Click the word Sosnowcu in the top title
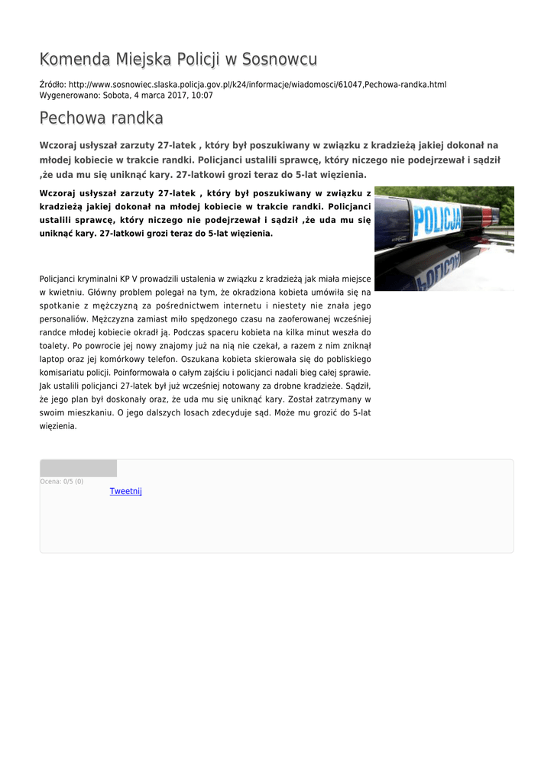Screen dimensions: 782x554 (280, 60)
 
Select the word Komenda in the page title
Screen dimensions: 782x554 (74, 60)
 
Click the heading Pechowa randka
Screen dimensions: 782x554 (101, 118)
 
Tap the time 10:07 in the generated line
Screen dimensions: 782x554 (202, 95)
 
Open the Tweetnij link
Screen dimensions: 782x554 (125, 491)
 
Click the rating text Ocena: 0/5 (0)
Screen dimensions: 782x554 (61, 482)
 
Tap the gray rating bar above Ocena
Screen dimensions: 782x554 (78, 468)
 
